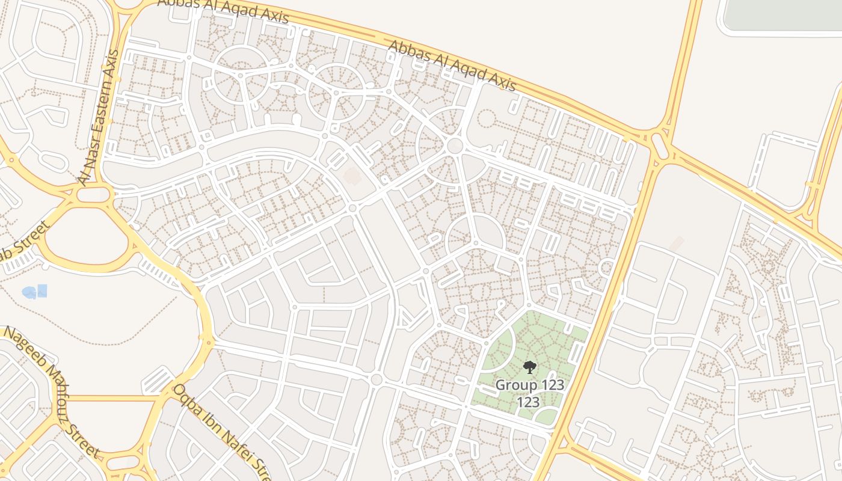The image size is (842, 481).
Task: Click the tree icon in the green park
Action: coord(529,367)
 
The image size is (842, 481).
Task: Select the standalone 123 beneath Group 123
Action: coord(529,402)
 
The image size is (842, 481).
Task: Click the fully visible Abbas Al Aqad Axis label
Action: coord(452,66)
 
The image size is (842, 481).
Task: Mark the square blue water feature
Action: coord(42,291)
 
